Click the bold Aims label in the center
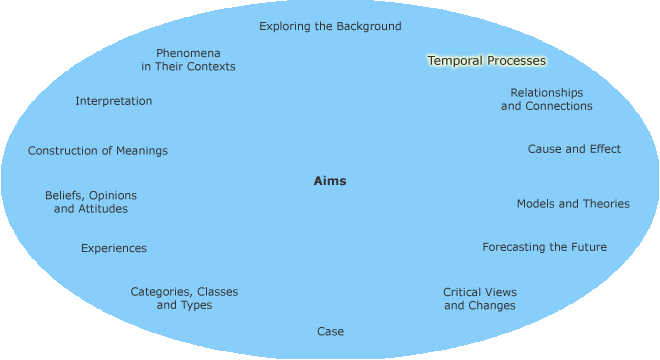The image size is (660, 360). tap(330, 181)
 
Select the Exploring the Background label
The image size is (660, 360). tap(330, 26)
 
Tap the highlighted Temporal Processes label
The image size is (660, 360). tap(487, 61)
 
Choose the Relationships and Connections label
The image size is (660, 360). tap(546, 99)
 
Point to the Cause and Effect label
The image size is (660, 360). tap(574, 149)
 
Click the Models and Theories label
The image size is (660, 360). tap(573, 204)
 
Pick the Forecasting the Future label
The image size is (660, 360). tap(544, 247)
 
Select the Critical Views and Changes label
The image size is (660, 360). tap(480, 299)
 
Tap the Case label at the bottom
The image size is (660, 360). tap(330, 331)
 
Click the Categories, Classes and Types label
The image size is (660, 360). tap(184, 298)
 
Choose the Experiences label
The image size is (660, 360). tap(114, 248)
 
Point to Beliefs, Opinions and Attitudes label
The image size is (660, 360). tap(91, 202)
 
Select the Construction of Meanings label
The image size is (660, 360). tap(98, 151)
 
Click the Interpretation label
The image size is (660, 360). tap(114, 101)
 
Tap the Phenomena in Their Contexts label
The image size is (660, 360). tap(188, 59)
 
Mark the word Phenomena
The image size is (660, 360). tap(188, 53)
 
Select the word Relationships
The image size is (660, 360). tap(546, 93)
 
